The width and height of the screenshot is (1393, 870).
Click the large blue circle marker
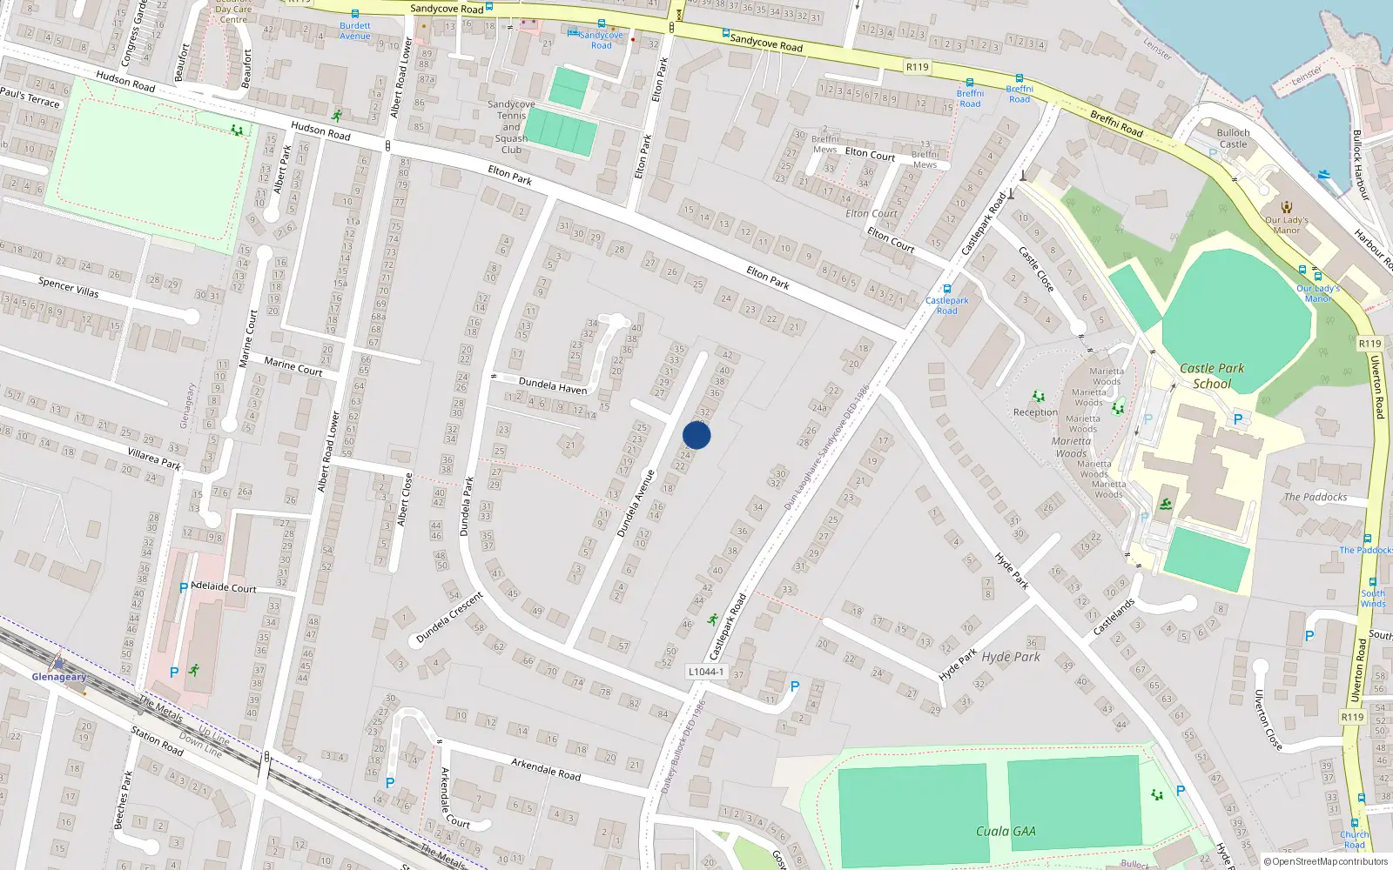coord(696,435)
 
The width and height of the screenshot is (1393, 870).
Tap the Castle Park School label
coord(1212,376)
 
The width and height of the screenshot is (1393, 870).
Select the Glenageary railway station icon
coord(58,662)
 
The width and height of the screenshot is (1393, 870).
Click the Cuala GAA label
coord(1006,831)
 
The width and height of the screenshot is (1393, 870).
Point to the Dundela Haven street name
coord(553,385)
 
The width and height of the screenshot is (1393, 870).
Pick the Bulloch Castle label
coord(1233,138)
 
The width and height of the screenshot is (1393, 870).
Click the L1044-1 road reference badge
coord(705,672)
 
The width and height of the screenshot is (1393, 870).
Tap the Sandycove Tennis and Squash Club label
coord(511,127)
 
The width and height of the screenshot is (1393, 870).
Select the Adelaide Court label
coord(223,588)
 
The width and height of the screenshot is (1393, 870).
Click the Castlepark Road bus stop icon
coord(947,290)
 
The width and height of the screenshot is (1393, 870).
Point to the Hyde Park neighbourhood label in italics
coord(1011,657)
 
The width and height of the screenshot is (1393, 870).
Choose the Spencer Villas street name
coord(68,287)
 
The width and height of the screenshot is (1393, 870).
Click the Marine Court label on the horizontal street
coord(293,366)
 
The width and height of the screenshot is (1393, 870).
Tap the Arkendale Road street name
coord(545,769)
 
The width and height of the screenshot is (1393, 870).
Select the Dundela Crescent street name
coord(449,617)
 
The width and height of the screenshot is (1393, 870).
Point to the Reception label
coord(1035,412)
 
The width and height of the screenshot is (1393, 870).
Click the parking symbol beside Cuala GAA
coord(1181,791)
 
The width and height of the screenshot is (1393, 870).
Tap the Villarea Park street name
coord(153,459)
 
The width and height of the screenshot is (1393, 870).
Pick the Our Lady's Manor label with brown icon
coord(1287,224)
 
